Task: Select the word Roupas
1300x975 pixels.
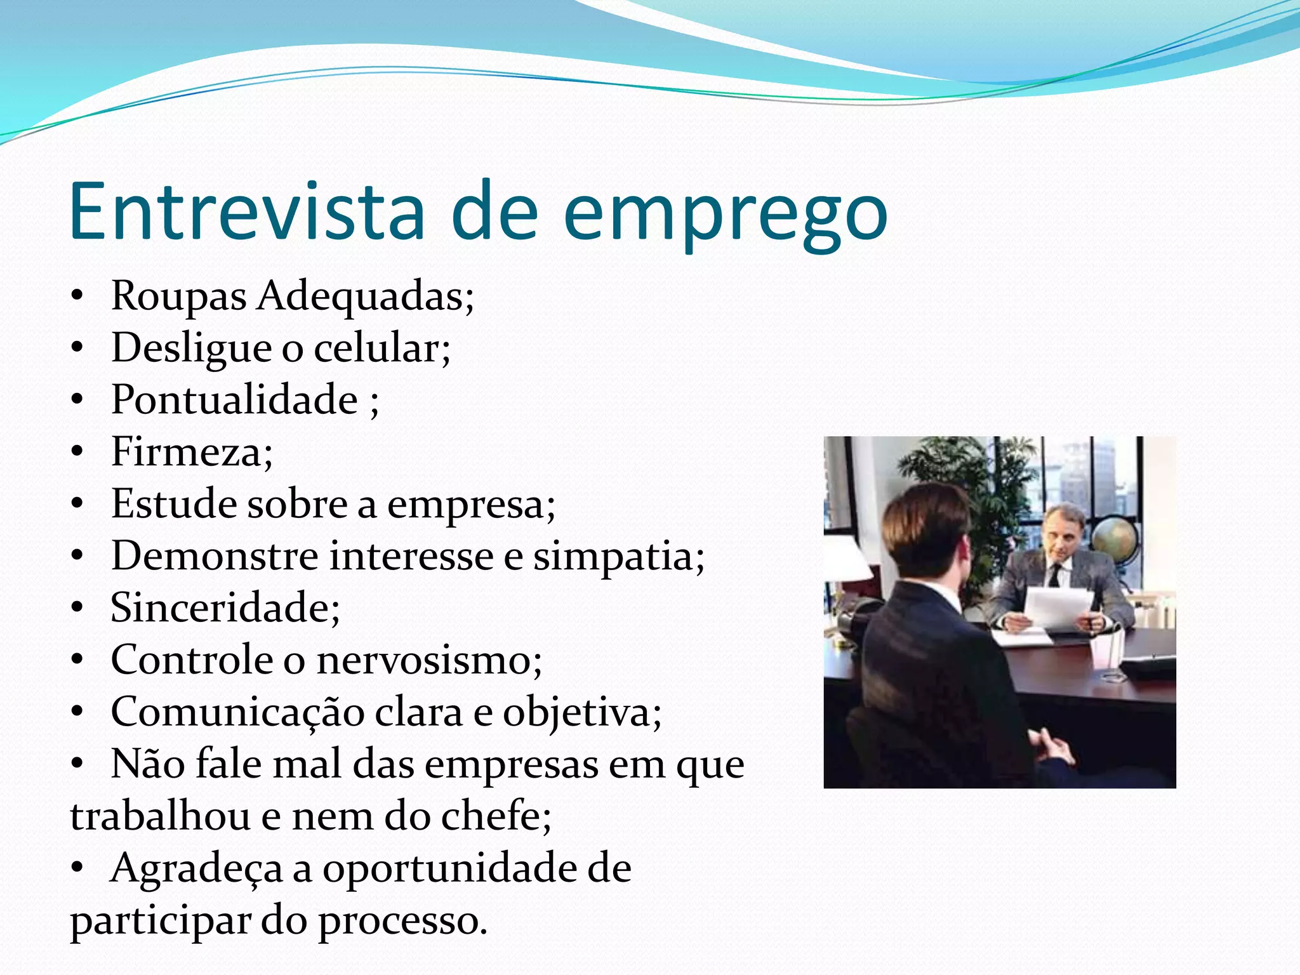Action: tap(178, 296)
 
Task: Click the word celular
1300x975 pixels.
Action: tap(381, 348)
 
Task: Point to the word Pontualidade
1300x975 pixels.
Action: tap(234, 400)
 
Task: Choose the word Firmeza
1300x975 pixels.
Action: tap(191, 452)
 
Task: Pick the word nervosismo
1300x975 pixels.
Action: tap(429, 660)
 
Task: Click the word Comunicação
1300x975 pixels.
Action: tap(237, 713)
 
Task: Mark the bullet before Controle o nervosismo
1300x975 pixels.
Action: tap(77, 660)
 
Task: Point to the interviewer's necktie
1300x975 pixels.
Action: tap(1054, 574)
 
